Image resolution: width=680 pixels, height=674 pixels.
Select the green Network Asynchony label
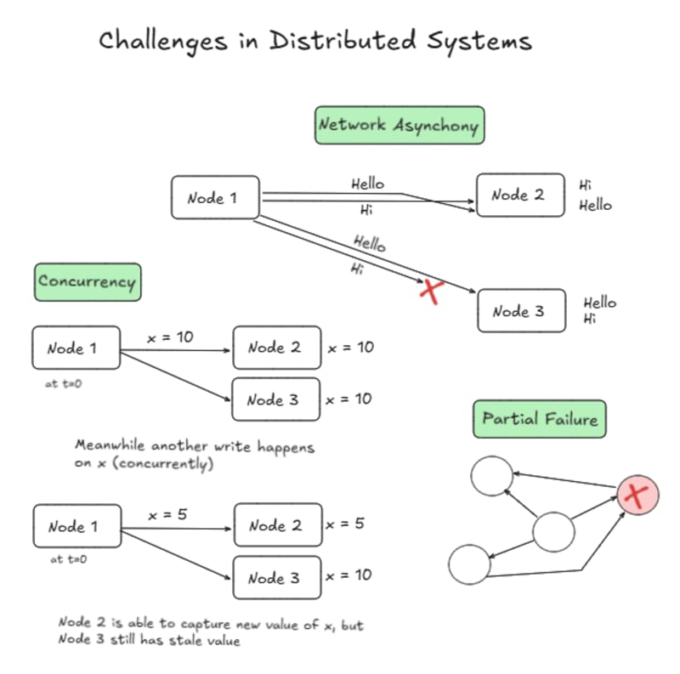click(399, 124)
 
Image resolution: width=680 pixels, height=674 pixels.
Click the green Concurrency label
click(87, 281)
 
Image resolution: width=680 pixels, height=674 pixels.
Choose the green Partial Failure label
click(540, 419)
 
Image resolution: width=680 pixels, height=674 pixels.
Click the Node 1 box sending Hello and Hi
click(214, 198)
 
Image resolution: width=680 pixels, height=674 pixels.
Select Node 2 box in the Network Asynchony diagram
click(519, 195)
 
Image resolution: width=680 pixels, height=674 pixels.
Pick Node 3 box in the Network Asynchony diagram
click(519, 311)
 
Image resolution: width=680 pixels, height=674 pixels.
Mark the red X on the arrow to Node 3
click(433, 292)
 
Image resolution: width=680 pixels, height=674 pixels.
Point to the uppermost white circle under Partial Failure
click(492, 476)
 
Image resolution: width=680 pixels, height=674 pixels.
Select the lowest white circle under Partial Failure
click(470, 564)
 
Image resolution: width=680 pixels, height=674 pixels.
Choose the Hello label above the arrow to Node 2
click(367, 184)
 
